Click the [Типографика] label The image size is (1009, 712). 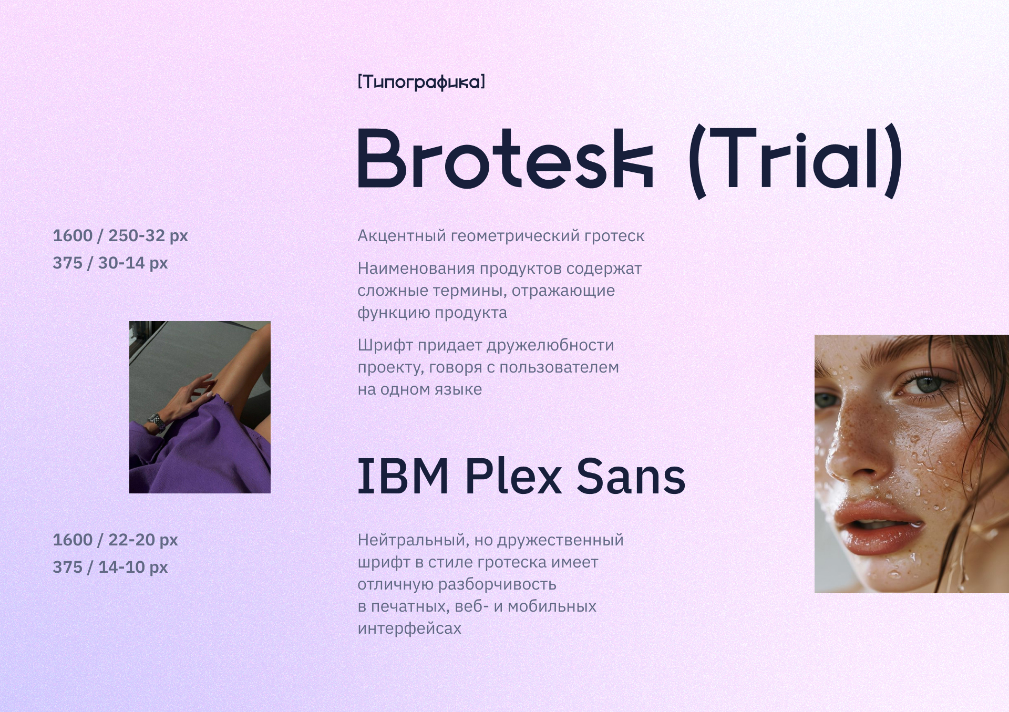(421, 82)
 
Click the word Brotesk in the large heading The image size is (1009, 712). (506, 158)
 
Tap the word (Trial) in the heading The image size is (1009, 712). (795, 161)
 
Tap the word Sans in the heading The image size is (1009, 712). (631, 476)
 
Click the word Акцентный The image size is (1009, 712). (402, 236)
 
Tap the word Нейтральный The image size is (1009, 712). (414, 540)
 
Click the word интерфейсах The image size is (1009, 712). (409, 628)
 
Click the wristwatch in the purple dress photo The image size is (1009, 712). (156, 421)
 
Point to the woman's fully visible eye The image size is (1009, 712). (928, 384)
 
